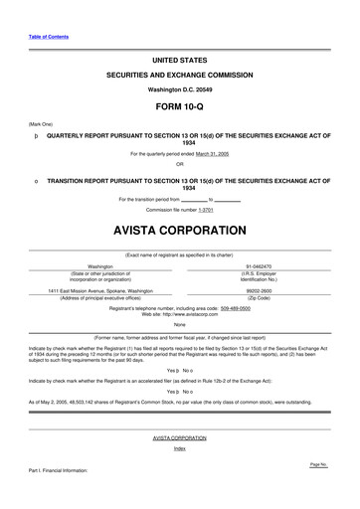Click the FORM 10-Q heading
[x=179, y=106]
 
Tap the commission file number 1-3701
[x=206, y=211]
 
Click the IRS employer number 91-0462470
[x=260, y=267]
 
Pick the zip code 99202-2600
[x=260, y=290]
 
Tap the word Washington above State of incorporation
[x=100, y=267]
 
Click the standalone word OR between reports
[x=180, y=164]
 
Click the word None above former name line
[x=180, y=324]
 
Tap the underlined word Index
[x=180, y=448]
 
